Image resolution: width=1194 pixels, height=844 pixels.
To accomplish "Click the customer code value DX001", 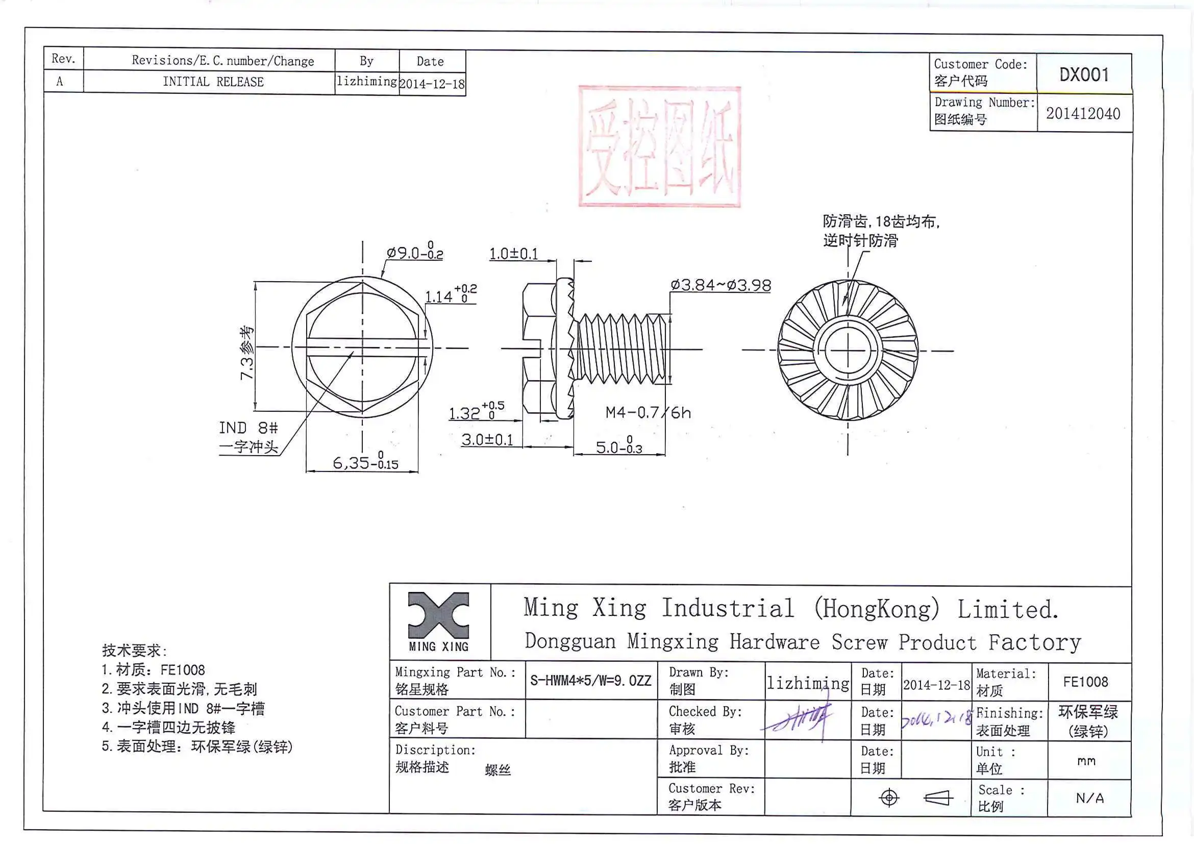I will tap(1084, 75).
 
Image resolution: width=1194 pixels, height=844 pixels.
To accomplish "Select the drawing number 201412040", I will tap(1083, 114).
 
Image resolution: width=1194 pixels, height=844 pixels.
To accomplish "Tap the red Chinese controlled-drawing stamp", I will tap(659, 146).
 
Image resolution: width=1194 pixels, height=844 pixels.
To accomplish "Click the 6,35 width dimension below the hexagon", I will tap(365, 462).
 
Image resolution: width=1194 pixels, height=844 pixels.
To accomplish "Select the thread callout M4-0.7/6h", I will tap(648, 413).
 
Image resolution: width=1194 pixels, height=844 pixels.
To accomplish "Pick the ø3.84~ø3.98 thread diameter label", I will tap(720, 285).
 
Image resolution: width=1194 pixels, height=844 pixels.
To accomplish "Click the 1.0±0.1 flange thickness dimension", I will tap(513, 254).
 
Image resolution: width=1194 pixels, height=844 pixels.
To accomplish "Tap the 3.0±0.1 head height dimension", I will tap(487, 440).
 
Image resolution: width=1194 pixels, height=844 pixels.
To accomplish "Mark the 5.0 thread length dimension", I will tap(618, 446).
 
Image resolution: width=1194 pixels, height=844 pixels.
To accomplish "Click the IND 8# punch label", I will tap(248, 428).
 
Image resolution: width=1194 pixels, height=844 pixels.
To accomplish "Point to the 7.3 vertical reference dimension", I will tap(246, 353).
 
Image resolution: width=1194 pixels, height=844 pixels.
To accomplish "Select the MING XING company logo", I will tap(438, 622).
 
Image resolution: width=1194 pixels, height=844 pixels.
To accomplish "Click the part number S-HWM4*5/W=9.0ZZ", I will tap(590, 681).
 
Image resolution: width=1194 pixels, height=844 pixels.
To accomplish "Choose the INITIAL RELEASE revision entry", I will tap(213, 82).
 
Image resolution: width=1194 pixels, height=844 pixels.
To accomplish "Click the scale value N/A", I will tap(1089, 798).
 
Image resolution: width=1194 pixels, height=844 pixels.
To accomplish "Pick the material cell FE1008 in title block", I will tap(1085, 682).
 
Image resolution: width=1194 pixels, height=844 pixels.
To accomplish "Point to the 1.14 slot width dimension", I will tap(450, 296).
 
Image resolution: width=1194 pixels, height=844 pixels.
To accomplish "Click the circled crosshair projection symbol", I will tap(889, 798).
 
